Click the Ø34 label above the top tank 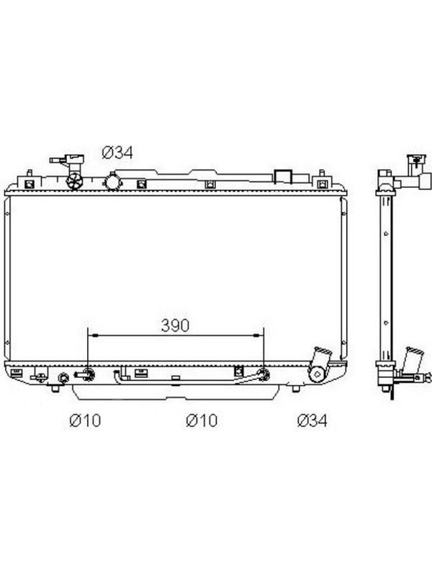pyautogui.click(x=117, y=153)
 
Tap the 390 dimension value pyautogui.click(x=175, y=325)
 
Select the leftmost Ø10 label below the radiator pyautogui.click(x=85, y=420)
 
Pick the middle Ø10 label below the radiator pyautogui.click(x=202, y=420)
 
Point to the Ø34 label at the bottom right pyautogui.click(x=312, y=420)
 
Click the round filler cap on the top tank pyautogui.click(x=112, y=181)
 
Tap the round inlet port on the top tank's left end pyautogui.click(x=74, y=181)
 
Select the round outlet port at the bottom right pyautogui.click(x=317, y=374)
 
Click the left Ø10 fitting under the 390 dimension pyautogui.click(x=88, y=374)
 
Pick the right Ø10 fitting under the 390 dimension pyautogui.click(x=264, y=374)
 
